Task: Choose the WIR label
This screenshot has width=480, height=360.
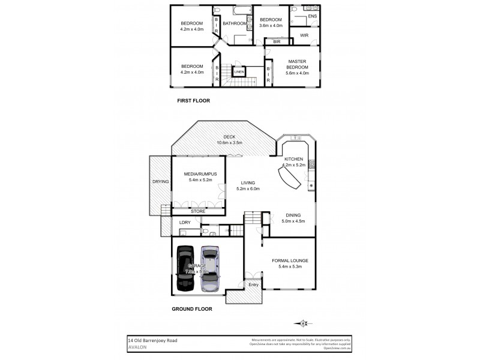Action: click(x=304, y=36)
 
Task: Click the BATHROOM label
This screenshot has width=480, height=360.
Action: click(x=235, y=23)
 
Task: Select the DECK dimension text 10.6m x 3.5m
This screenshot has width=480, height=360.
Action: click(x=229, y=143)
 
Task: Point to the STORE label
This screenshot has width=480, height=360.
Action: click(x=198, y=211)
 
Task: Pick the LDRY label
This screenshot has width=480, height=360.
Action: click(x=184, y=223)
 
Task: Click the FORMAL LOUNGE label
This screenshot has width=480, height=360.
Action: click(x=290, y=260)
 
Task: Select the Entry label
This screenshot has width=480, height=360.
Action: click(x=253, y=284)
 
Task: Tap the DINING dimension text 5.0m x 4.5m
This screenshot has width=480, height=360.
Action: click(x=293, y=221)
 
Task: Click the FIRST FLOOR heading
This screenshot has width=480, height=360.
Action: click(x=193, y=100)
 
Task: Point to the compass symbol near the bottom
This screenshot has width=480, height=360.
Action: click(x=304, y=322)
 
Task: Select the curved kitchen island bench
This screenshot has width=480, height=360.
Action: click(x=289, y=177)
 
